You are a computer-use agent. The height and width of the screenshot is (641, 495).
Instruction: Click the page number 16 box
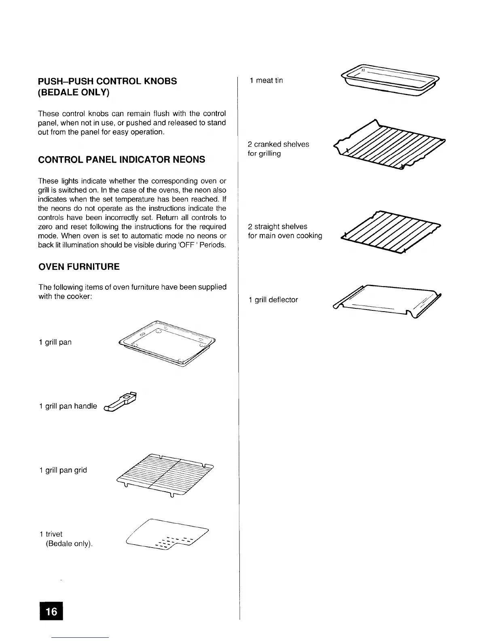[x=51, y=611]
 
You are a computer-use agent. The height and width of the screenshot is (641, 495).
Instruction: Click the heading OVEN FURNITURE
[x=79, y=267]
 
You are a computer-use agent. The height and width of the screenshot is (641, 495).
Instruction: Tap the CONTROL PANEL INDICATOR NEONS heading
[x=121, y=159]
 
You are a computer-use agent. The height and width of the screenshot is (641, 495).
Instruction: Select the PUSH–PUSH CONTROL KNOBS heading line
[x=107, y=81]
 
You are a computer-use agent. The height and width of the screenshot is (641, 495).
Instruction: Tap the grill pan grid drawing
[x=165, y=474]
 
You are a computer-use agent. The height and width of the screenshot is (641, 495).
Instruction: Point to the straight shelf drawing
[x=390, y=232]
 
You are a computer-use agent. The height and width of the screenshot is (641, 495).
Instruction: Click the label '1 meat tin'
[x=266, y=81]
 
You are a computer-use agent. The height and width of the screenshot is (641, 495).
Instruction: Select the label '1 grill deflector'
[x=273, y=300]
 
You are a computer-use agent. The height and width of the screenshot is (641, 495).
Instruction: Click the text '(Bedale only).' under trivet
[x=69, y=543]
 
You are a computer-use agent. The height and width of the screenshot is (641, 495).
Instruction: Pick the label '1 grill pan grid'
[x=63, y=470]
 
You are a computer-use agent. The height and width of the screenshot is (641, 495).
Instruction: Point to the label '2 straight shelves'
[x=277, y=227]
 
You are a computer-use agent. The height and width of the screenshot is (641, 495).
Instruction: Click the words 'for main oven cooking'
[x=285, y=236]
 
